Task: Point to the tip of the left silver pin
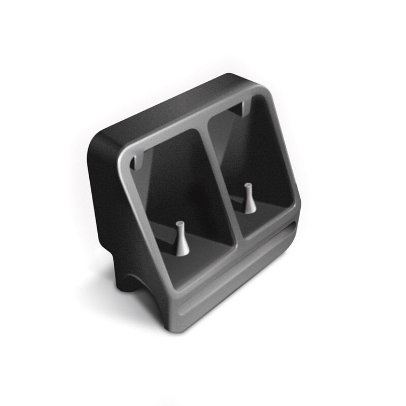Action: (x=180, y=224)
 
